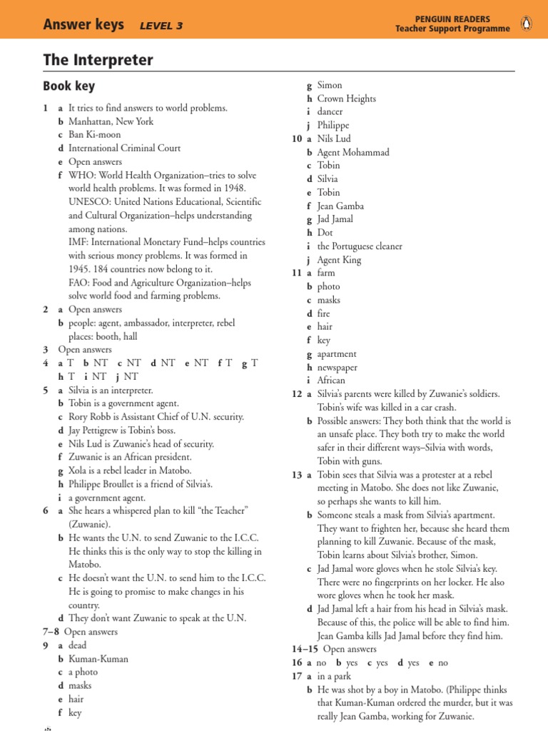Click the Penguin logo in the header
point(526,24)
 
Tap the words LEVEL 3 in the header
point(161,26)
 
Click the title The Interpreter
point(98,60)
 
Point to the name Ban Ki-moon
point(95,135)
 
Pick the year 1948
point(233,188)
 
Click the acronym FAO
point(78,283)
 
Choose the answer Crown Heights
point(346,99)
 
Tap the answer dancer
point(330,112)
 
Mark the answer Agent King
point(339,260)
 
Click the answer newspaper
point(338,368)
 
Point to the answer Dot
point(325,233)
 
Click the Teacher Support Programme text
point(452,29)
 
